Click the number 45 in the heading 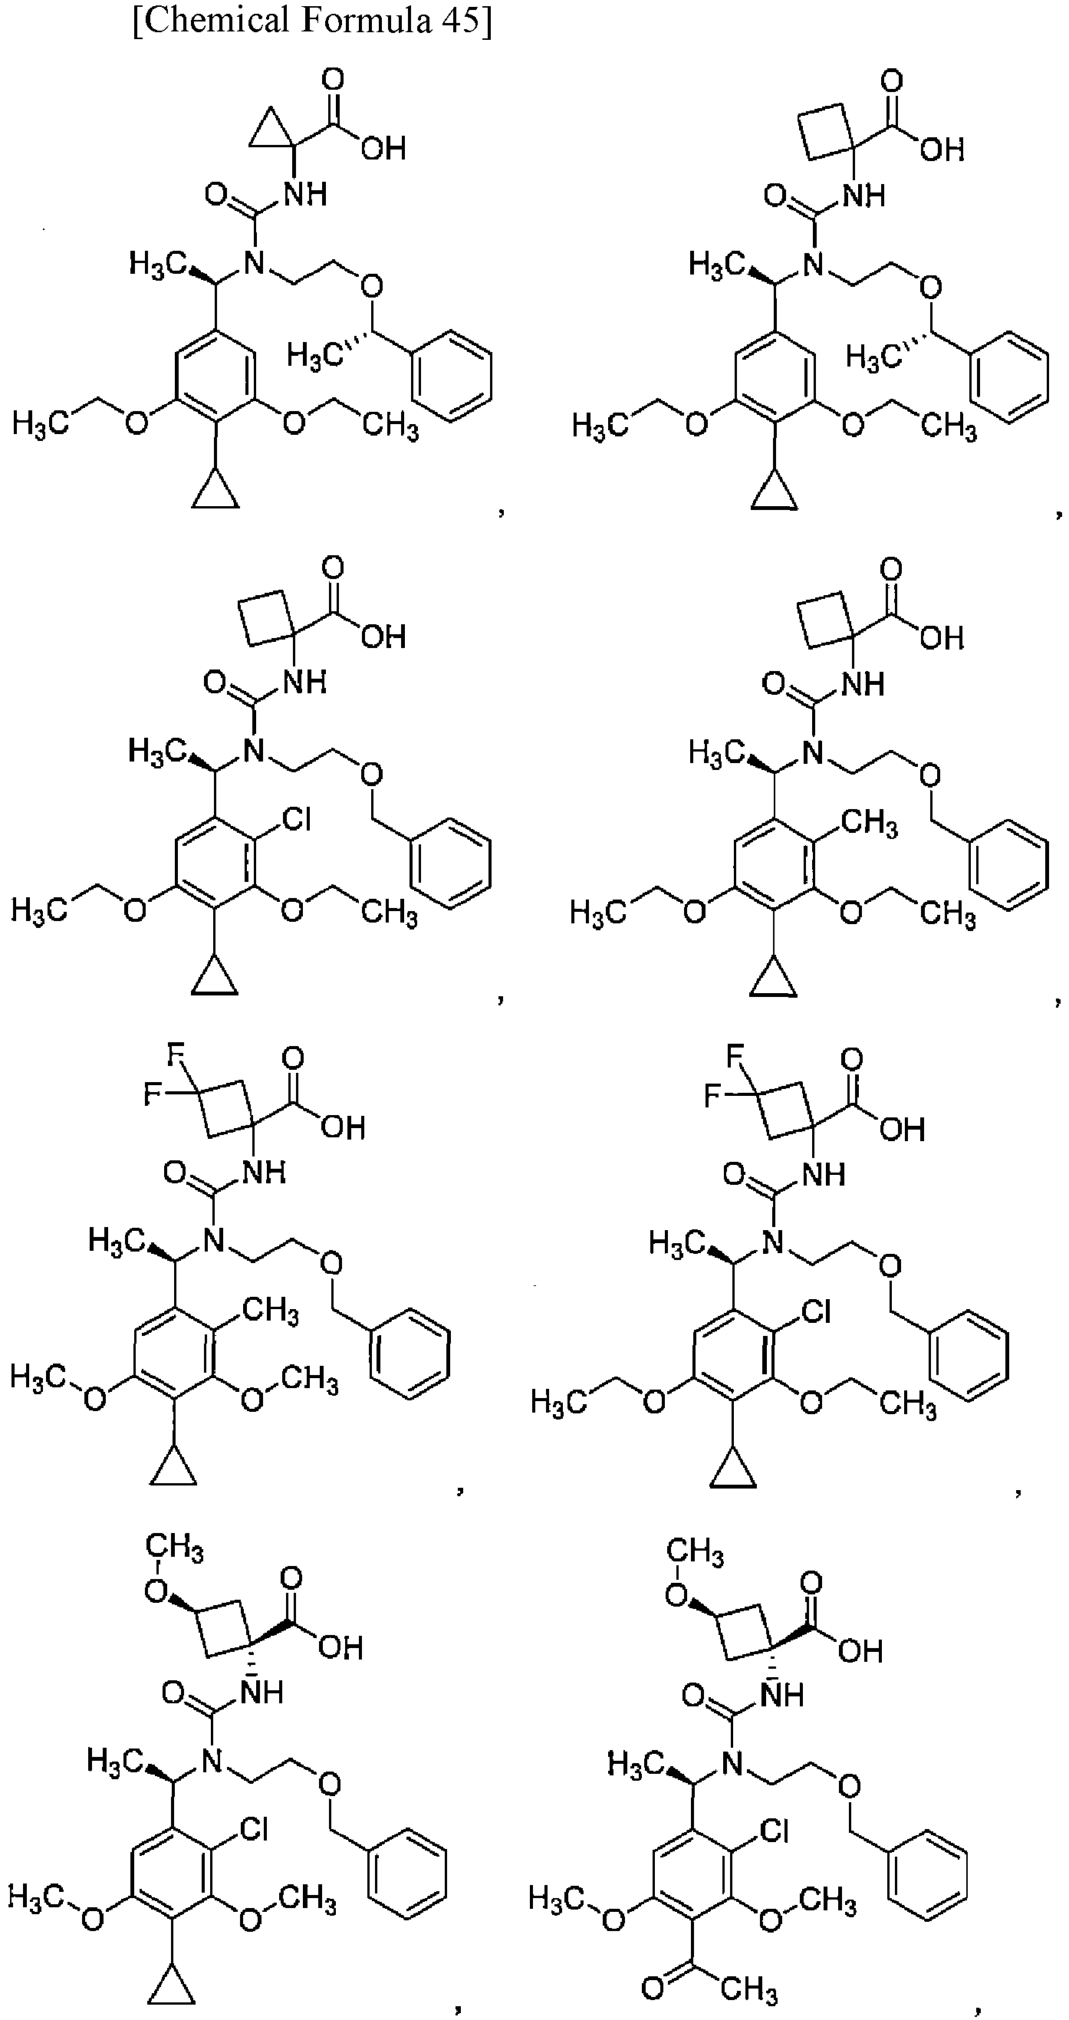[456, 20]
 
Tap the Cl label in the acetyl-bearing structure [772, 1831]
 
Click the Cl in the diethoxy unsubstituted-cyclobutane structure [295, 821]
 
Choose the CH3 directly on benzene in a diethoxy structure [869, 824]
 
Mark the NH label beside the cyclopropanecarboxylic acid [305, 193]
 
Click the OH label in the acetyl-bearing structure [860, 1650]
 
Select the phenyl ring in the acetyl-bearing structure [927, 1876]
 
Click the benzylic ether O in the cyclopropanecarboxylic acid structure [372, 286]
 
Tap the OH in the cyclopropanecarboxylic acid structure [383, 147]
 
